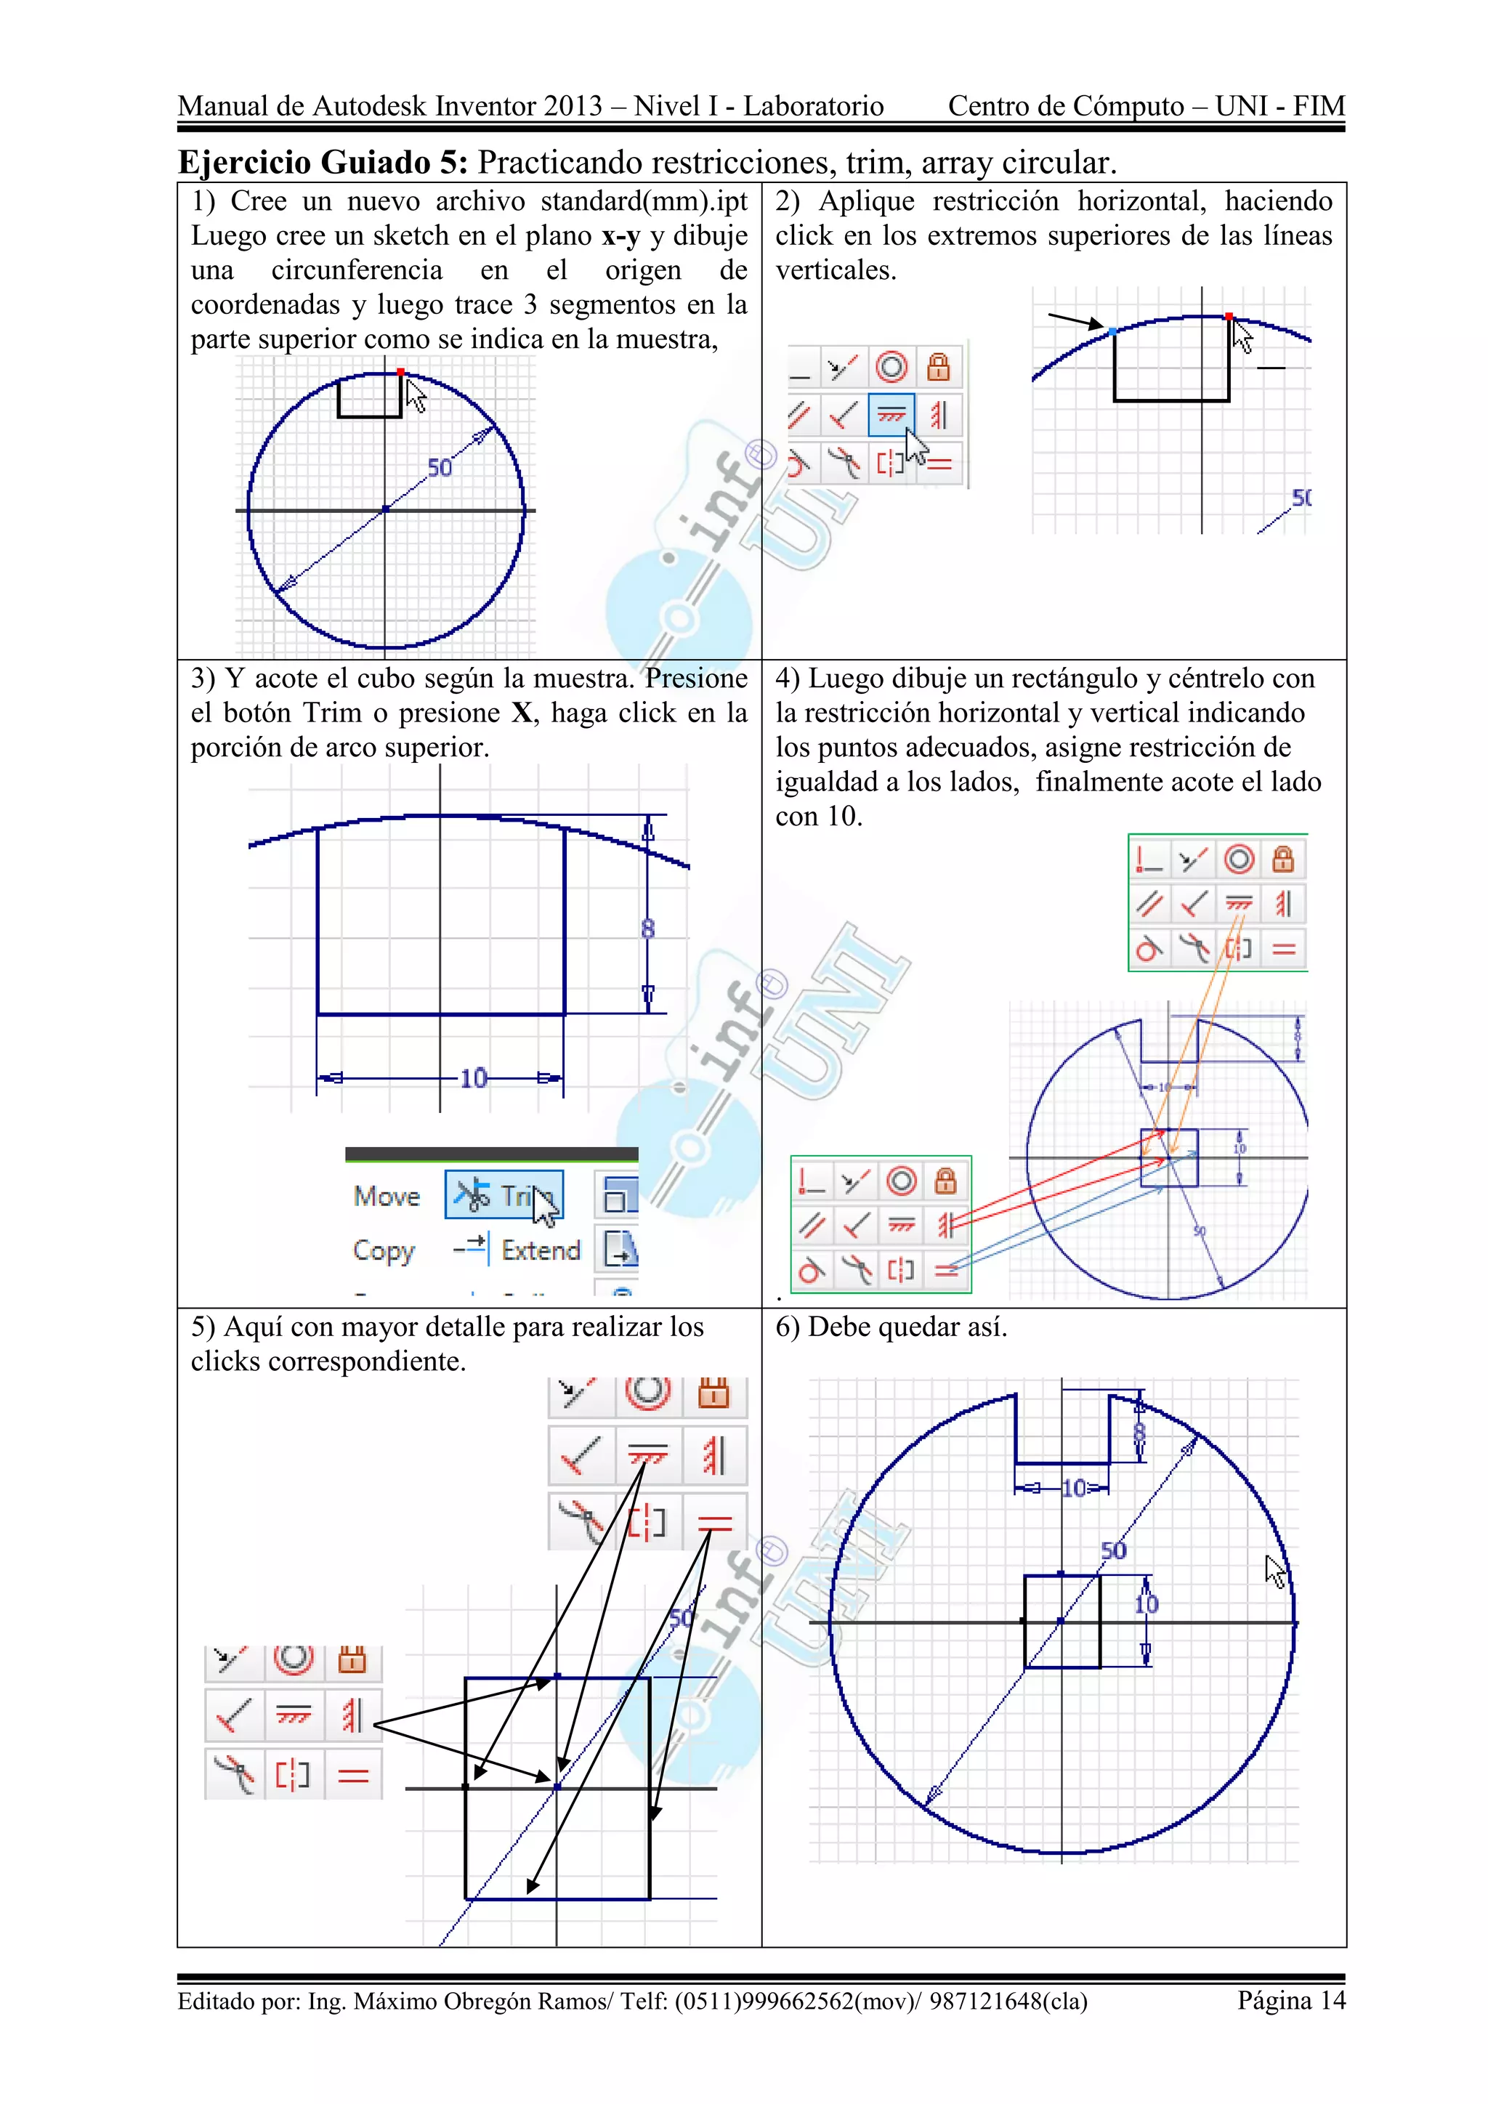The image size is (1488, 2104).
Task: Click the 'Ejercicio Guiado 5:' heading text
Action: pyautogui.click(x=323, y=162)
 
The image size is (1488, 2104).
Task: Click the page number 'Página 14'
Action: pyautogui.click(x=1290, y=1999)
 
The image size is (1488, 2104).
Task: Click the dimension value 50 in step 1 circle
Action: pyautogui.click(x=440, y=469)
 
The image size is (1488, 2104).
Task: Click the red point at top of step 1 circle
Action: pyautogui.click(x=400, y=372)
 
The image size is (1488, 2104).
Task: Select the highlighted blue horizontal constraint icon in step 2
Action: pyautogui.click(x=891, y=415)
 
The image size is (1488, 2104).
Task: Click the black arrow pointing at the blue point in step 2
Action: pyautogui.click(x=1074, y=320)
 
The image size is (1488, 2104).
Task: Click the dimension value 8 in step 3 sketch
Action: pyautogui.click(x=648, y=929)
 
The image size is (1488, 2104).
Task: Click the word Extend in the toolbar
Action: pyautogui.click(x=541, y=1250)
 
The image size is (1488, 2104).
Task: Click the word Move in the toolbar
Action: pyautogui.click(x=387, y=1196)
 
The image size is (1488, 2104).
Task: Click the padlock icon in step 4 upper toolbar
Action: pyautogui.click(x=1283, y=859)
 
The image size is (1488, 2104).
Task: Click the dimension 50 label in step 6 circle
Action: pyautogui.click(x=1113, y=1550)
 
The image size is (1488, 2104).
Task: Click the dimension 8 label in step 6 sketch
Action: pyautogui.click(x=1139, y=1432)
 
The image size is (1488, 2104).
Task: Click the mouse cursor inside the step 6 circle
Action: pyautogui.click(x=1275, y=1571)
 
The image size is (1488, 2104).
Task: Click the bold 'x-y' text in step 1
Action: pyautogui.click(x=620, y=235)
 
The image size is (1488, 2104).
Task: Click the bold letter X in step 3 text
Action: pyautogui.click(x=522, y=713)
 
